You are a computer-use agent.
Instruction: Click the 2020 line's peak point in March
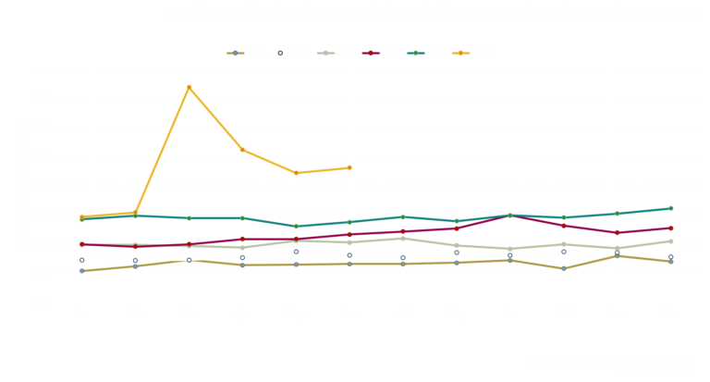click(189, 88)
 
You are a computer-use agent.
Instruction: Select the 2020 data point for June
click(349, 167)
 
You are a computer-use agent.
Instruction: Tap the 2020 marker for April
click(242, 150)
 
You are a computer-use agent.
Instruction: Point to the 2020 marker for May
click(296, 173)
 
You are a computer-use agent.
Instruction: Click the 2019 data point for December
click(670, 208)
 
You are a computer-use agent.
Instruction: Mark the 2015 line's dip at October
click(563, 268)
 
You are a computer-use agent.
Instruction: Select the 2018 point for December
click(670, 228)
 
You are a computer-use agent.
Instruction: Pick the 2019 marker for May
click(296, 226)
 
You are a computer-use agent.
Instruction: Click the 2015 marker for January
click(82, 270)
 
